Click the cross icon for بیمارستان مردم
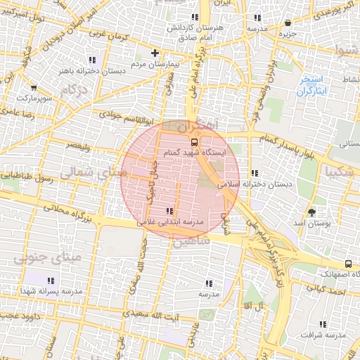coord(155,53)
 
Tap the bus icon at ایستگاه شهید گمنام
coord(195,141)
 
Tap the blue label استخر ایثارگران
coord(311,85)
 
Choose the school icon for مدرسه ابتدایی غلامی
coord(169,211)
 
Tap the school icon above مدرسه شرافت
coord(323,324)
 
